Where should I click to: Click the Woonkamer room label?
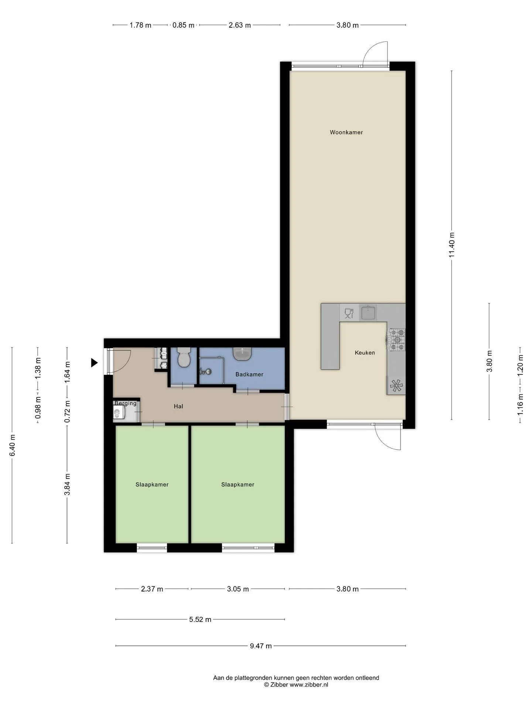coord(346,132)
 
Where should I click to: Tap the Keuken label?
coord(365,353)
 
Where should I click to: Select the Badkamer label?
coord(249,374)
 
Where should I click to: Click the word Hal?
coord(178,406)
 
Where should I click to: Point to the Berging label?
coord(126,403)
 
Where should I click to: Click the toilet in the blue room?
coord(184,357)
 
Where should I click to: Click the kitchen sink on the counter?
coord(368,312)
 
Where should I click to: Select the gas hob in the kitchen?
coord(396,339)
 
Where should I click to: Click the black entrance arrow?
coord(95,363)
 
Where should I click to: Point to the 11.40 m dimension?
coord(452,245)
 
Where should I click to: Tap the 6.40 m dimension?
coord(12,445)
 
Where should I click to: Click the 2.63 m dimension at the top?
coord(240,25)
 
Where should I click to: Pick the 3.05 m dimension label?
coord(238,589)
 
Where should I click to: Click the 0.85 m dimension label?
coord(184,25)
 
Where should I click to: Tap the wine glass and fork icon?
coord(349,313)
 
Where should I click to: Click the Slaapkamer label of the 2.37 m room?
coord(152,484)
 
